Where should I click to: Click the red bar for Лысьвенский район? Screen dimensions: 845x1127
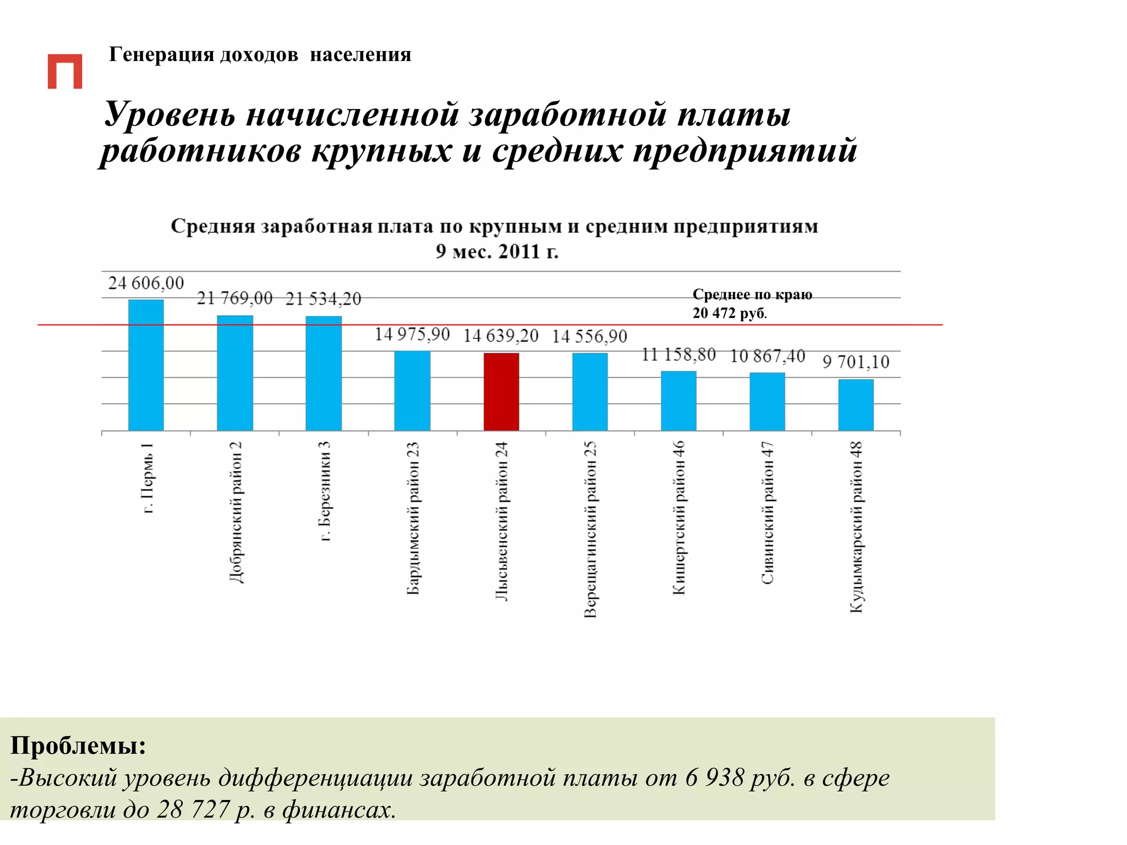coord(501,391)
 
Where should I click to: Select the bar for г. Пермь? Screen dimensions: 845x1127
coord(146,365)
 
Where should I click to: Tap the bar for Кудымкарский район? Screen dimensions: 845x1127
coord(856,404)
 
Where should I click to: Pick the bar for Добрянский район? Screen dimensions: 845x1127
coord(235,372)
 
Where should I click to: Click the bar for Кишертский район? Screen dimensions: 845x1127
coord(679,400)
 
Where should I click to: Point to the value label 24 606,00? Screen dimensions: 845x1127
coord(146,283)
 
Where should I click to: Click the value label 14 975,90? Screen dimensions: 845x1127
coord(412,334)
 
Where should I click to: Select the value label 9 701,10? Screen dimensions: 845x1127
coord(856,362)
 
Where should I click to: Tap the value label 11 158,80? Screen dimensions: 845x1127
coord(679,355)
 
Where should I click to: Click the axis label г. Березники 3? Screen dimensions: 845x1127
coord(325,491)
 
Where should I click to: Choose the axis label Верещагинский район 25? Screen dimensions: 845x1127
coord(590,529)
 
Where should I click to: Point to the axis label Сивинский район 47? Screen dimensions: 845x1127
coord(767,513)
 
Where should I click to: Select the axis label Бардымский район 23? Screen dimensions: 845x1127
coord(413,518)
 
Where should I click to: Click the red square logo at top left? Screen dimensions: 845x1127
coord(65,71)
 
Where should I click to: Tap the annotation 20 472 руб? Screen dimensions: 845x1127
coord(729,313)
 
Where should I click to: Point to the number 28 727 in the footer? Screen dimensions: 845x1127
coord(193,809)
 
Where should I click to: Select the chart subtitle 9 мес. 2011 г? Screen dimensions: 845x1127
coord(497,251)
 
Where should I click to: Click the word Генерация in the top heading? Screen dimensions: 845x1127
coord(161,54)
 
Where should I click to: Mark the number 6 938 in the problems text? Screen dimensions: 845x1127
coord(714,777)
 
